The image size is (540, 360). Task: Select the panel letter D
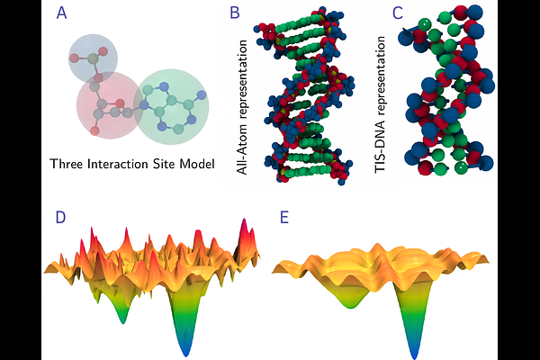point(60,218)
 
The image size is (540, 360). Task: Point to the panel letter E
point(284,218)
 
